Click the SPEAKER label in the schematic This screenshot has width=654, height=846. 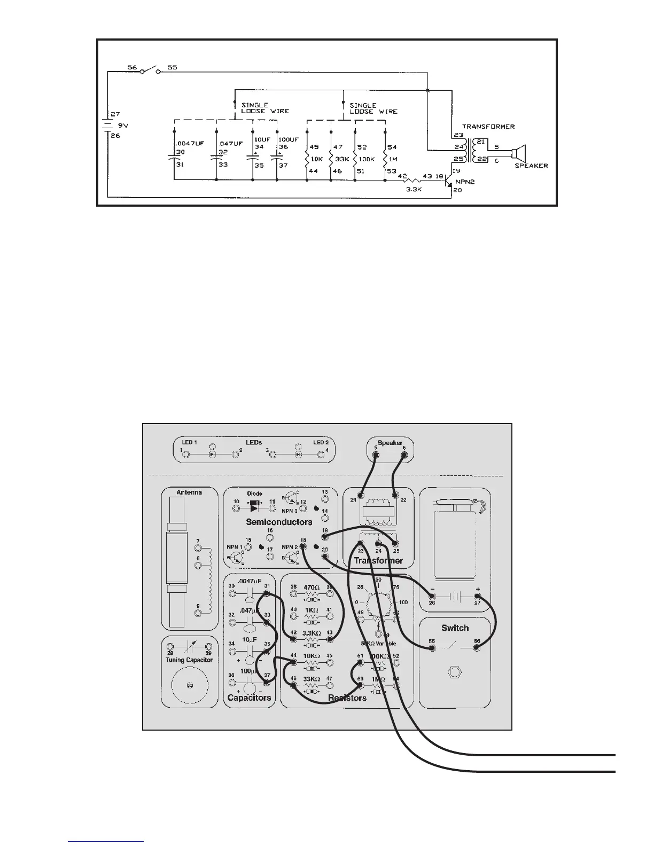click(531, 166)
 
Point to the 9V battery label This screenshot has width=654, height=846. click(123, 126)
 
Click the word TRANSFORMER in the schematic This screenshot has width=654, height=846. click(488, 127)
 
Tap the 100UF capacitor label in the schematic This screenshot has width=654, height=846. click(289, 139)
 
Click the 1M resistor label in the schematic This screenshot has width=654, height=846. click(393, 159)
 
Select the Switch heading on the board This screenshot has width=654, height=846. click(455, 628)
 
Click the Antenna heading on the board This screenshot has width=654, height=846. click(190, 492)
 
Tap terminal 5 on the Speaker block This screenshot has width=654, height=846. click(376, 456)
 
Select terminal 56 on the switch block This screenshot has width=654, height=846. click(477, 648)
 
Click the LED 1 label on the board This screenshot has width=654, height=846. click(189, 443)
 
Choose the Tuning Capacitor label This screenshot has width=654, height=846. click(189, 660)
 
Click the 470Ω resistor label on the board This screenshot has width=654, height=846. click(311, 587)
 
